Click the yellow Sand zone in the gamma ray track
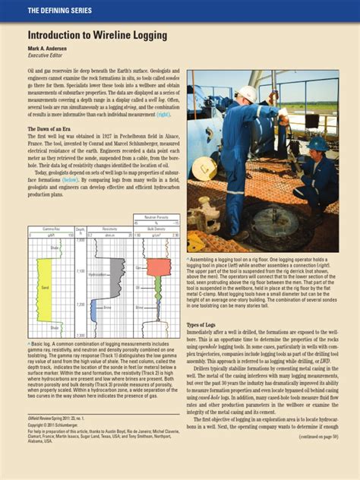pos(46,288)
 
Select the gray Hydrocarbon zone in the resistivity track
pos(115,275)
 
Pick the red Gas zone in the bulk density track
pos(159,267)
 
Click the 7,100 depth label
pos(81,271)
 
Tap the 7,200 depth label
pos(81,314)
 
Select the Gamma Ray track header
pos(50,228)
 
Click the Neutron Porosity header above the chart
pos(156,217)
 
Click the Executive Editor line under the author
pos(45,56)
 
